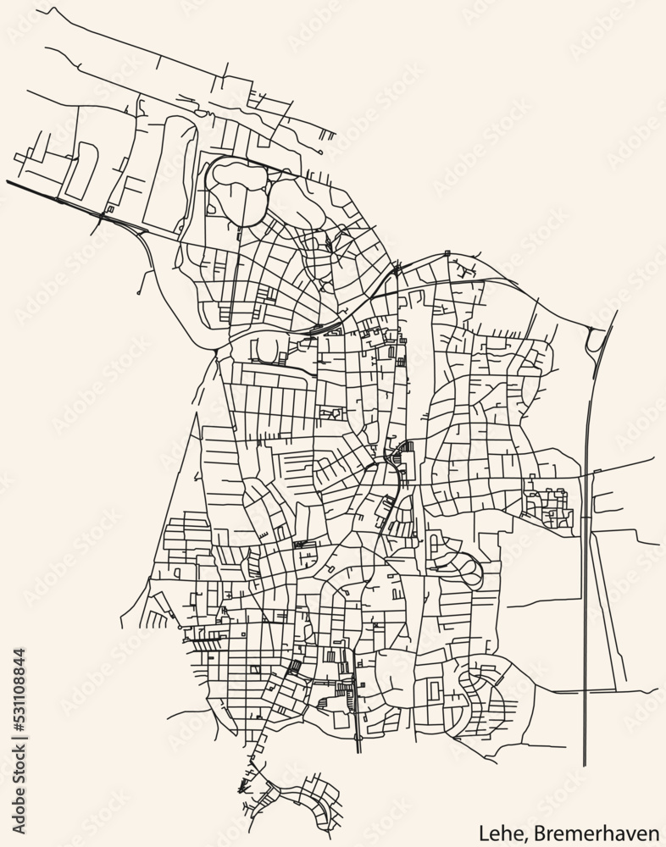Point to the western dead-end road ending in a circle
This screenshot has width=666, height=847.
[138, 293]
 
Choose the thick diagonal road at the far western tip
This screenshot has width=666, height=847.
[34, 191]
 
